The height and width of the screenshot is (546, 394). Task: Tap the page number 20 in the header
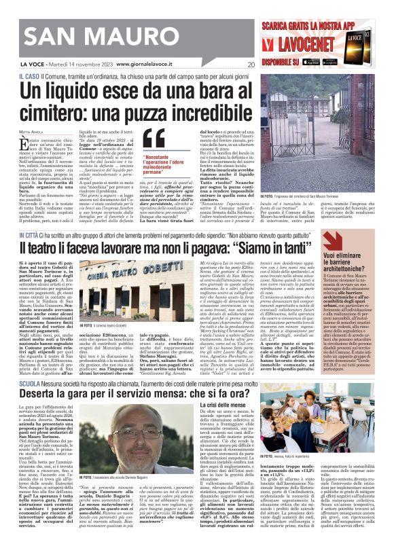click(251, 65)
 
